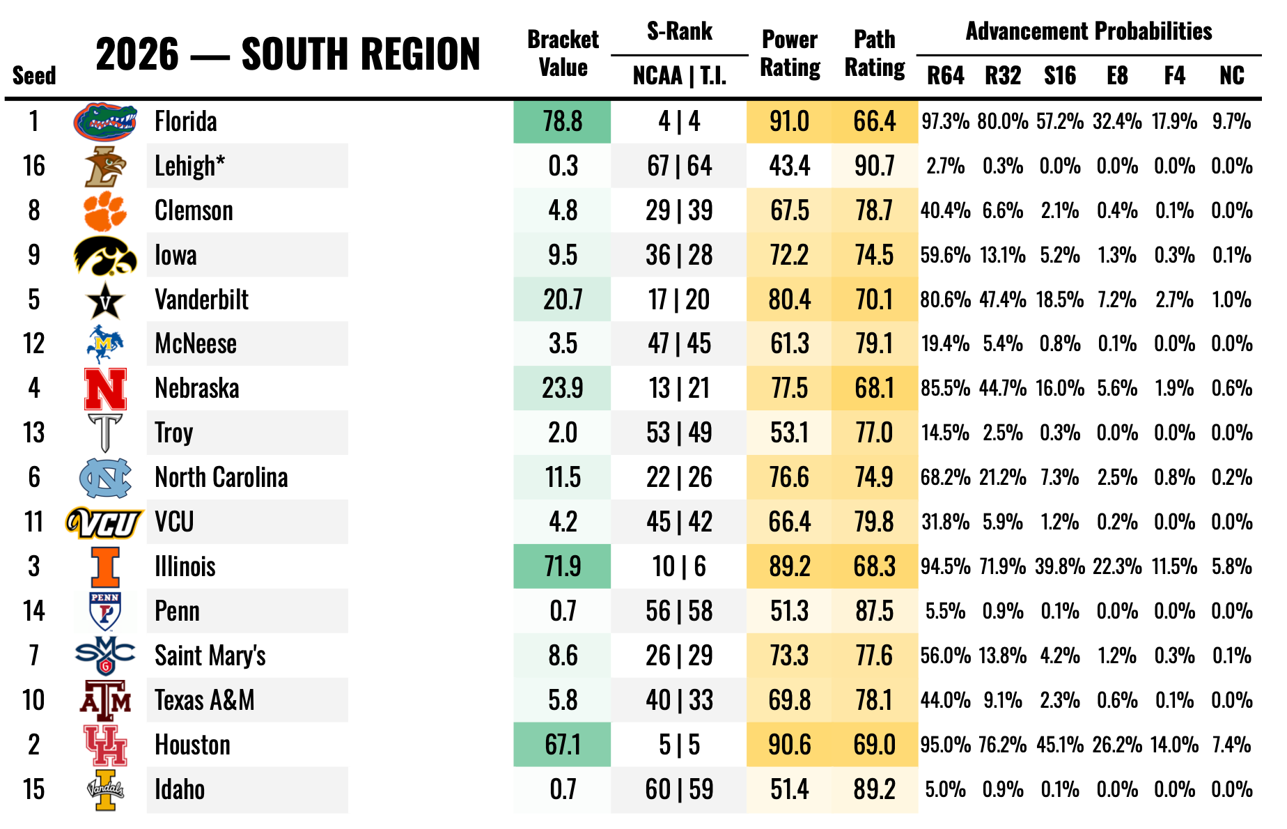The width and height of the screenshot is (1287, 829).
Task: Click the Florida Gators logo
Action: pos(104,122)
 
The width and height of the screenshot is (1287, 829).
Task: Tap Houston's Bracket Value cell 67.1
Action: pos(563,745)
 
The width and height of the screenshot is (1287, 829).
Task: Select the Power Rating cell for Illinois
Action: pos(789,566)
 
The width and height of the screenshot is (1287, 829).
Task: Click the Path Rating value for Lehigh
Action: pos(874,166)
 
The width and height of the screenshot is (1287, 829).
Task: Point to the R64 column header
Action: pos(945,75)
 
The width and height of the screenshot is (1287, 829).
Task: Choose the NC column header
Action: pos(1231,75)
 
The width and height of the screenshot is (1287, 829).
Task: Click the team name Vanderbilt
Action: pos(201,300)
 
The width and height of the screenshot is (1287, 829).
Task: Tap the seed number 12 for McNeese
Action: pos(33,343)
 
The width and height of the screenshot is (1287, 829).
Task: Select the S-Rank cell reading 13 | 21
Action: pos(679,388)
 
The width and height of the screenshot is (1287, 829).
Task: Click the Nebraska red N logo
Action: pos(105,389)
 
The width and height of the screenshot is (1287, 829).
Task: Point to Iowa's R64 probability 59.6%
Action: pos(945,255)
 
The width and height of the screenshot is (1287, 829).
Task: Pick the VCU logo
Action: pos(104,522)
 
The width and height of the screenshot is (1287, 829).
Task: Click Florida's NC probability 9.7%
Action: pos(1231,121)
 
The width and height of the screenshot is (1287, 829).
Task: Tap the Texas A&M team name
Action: pos(205,700)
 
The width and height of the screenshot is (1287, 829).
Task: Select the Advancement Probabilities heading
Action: pos(1089,31)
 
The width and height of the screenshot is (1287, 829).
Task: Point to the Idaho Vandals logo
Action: pos(105,790)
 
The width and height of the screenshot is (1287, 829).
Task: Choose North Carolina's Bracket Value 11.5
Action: pos(563,477)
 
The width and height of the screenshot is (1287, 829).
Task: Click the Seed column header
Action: pos(34,75)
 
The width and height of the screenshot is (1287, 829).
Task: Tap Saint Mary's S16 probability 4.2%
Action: pos(1059,656)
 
